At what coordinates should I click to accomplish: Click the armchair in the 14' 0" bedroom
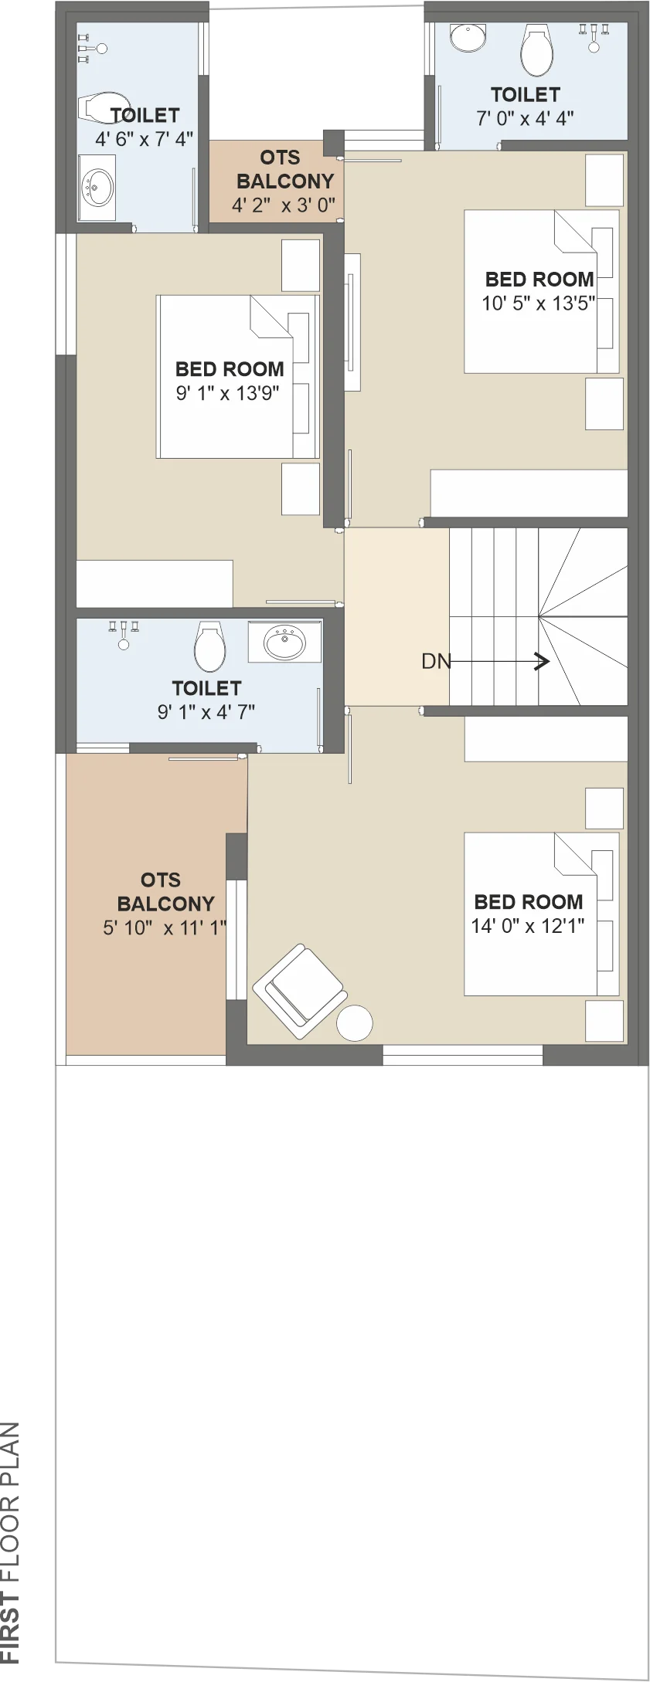300,991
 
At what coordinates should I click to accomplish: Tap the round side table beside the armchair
355,1023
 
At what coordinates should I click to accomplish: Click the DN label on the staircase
436,661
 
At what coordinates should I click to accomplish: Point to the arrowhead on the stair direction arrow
543,661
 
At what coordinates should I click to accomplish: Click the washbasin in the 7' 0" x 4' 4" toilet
468,37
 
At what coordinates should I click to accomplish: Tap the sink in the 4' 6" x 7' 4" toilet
97,187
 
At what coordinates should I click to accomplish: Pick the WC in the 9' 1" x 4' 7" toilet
209,646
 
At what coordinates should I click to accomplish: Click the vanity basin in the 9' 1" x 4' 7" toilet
284,641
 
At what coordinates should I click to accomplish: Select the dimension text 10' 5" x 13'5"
539,304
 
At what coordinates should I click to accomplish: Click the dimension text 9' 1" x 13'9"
227,393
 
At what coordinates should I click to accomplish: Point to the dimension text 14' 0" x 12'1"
528,926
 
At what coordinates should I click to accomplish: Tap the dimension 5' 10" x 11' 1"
165,927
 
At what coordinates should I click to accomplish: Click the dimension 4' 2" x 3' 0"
284,205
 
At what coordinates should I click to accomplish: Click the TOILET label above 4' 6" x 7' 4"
145,115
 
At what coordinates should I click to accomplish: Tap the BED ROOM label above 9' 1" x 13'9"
230,369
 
